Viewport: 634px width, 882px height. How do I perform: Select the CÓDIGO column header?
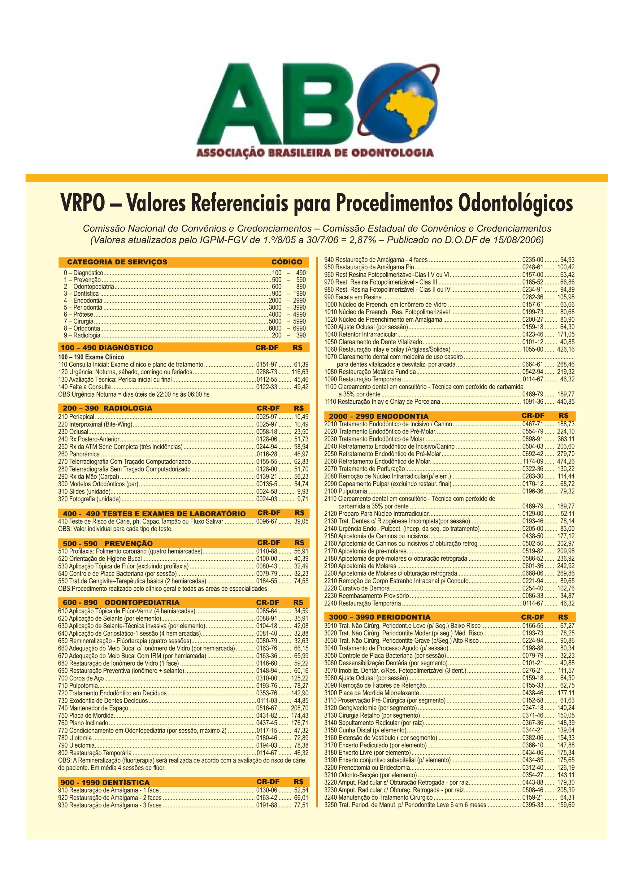point(287,262)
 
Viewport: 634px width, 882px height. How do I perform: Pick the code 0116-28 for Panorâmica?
point(267,454)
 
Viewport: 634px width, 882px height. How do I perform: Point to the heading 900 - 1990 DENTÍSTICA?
point(105,782)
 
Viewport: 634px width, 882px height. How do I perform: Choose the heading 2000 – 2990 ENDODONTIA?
point(379,416)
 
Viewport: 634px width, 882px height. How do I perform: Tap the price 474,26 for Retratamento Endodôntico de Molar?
point(566,461)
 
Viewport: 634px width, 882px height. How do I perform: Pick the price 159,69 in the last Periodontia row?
point(566,805)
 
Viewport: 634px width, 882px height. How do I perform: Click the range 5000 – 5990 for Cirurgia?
point(287,321)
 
